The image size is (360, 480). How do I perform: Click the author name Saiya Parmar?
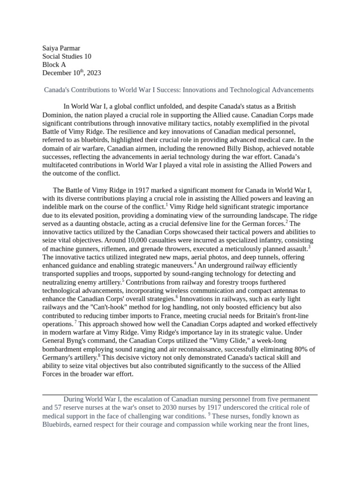tap(61, 48)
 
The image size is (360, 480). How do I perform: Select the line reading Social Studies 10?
tap(67, 57)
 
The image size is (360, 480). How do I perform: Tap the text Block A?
tap(54, 65)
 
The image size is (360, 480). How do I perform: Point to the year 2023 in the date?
tap(93, 73)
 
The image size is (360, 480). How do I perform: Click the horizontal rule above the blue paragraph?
tap(180, 395)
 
